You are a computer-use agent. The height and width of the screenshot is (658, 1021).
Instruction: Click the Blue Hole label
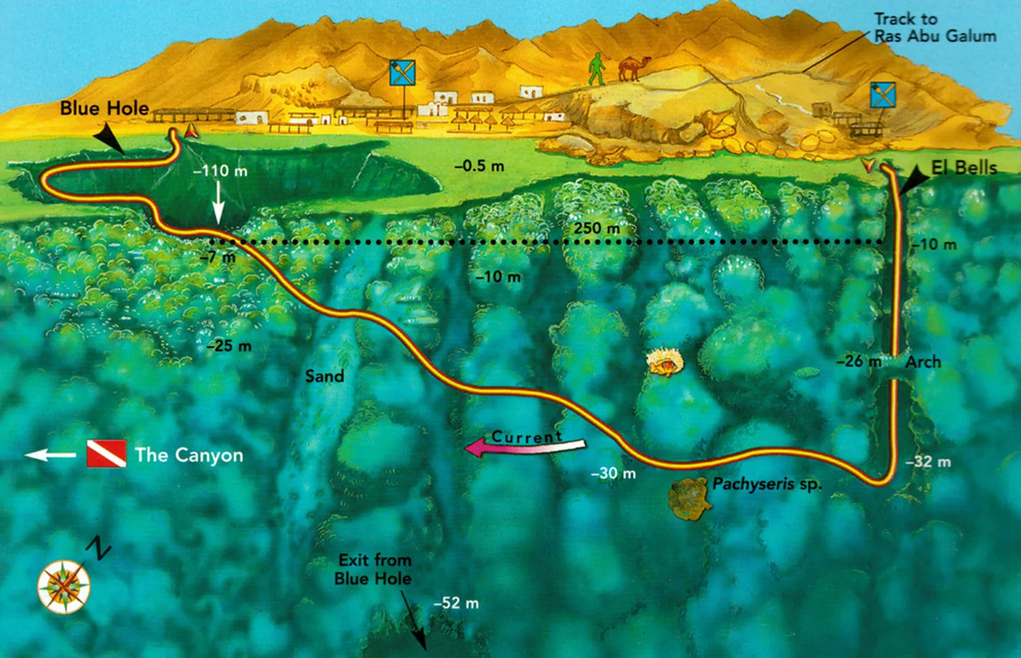[105, 108]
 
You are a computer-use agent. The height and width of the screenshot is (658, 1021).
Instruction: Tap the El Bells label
[964, 168]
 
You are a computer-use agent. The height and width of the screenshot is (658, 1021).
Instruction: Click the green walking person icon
[596, 69]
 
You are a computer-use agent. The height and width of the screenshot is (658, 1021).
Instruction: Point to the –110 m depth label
[220, 171]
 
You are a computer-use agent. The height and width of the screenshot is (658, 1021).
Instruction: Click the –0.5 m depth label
[479, 166]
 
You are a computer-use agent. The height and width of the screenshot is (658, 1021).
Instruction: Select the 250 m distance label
[596, 228]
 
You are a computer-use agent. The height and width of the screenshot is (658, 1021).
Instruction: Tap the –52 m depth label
[456, 603]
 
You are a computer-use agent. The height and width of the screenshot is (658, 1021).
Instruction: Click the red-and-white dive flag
[106, 454]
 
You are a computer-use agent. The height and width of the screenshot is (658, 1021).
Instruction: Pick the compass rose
[64, 587]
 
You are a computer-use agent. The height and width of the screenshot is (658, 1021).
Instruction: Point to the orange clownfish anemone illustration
[665, 364]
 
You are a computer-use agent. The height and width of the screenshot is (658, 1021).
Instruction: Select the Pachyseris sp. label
[767, 484]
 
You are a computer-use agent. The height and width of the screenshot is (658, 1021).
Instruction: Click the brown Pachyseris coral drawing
[690, 498]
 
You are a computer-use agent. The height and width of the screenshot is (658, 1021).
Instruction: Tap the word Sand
[325, 376]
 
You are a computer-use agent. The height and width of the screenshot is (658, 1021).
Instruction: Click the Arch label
[923, 362]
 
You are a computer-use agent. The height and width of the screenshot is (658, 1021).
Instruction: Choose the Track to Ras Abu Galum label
[935, 28]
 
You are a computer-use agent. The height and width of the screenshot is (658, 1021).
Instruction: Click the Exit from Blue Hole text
[374, 569]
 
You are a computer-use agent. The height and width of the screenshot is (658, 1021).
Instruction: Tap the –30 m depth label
[614, 473]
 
